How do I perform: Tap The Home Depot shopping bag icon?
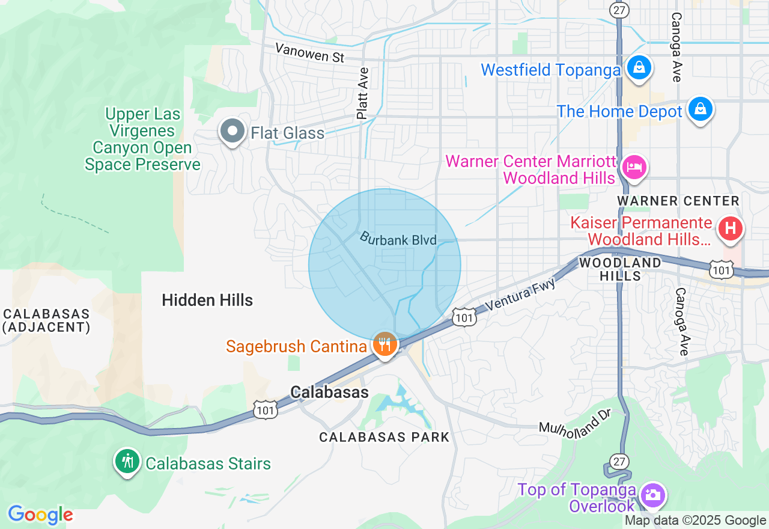pyautogui.click(x=701, y=109)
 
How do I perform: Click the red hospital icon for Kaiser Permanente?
pyautogui.click(x=731, y=228)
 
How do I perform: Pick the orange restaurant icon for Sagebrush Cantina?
pyautogui.click(x=384, y=344)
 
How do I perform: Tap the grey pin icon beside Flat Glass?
pyautogui.click(x=232, y=131)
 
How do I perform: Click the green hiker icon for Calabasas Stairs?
pyautogui.click(x=127, y=461)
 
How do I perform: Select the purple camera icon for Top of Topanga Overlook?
pyautogui.click(x=652, y=495)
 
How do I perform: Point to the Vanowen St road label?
pyautogui.click(x=310, y=53)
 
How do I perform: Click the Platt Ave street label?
pyautogui.click(x=362, y=93)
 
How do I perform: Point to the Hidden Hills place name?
pyautogui.click(x=207, y=300)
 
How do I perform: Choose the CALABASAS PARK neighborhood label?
pyautogui.click(x=384, y=437)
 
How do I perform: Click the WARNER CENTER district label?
pyautogui.click(x=678, y=201)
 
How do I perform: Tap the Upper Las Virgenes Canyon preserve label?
pyautogui.click(x=142, y=139)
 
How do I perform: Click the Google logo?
pyautogui.click(x=40, y=515)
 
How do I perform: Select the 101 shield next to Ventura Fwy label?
pyautogui.click(x=465, y=317)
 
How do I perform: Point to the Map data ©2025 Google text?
pyautogui.click(x=695, y=521)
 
